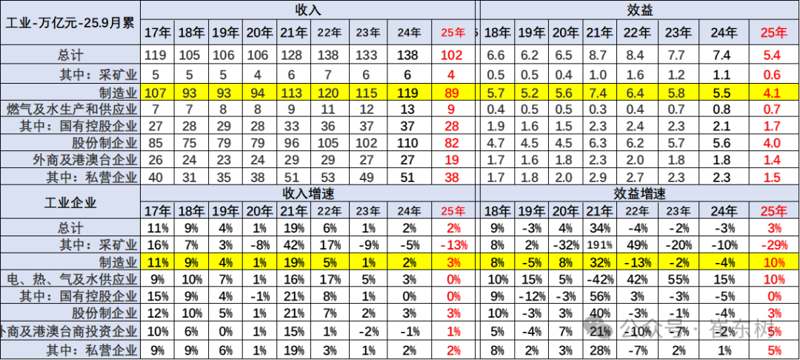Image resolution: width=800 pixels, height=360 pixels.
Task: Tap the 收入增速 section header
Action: coord(310,193)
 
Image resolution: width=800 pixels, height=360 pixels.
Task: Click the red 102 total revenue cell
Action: coord(452,55)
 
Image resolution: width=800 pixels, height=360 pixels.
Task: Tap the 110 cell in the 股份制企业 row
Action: coord(406,142)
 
